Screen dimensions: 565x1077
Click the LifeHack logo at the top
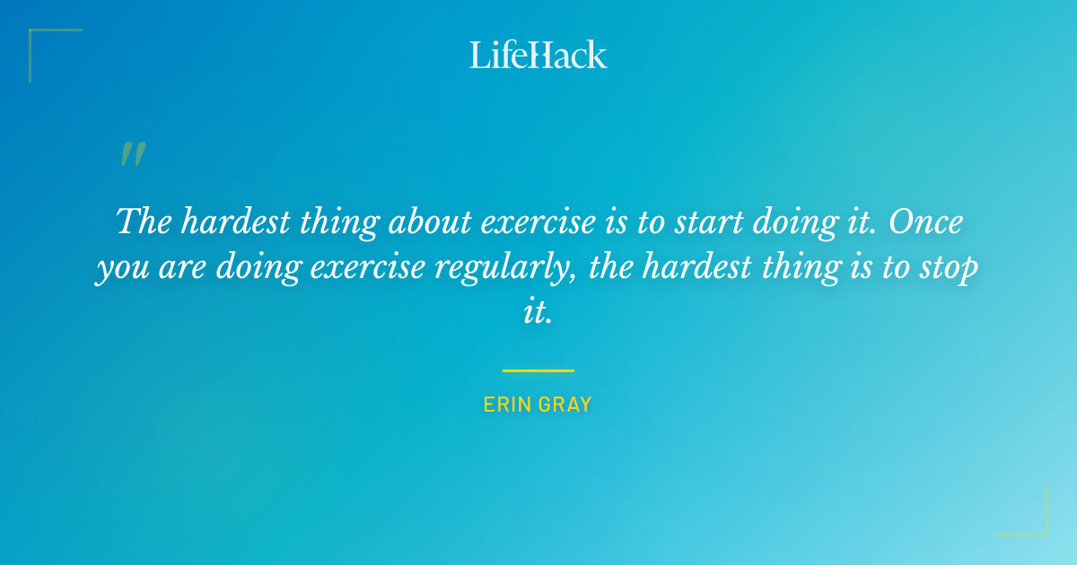tap(538, 55)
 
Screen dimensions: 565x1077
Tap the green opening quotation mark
tap(133, 155)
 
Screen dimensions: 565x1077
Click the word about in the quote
tap(425, 222)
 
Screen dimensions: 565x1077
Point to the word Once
tap(925, 222)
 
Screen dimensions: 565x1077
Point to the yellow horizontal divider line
tap(538, 369)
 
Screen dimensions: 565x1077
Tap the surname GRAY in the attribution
tap(565, 404)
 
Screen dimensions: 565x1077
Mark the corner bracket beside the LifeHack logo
tap(54, 54)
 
